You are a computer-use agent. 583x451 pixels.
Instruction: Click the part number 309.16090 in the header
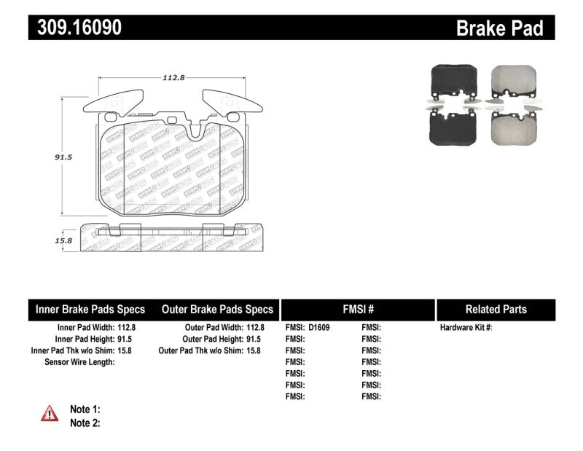coord(76,28)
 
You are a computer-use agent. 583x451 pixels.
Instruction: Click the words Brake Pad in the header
coord(499,28)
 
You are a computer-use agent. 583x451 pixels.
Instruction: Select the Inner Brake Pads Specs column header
coord(90,309)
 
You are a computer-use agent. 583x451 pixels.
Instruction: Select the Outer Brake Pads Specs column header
coord(217,309)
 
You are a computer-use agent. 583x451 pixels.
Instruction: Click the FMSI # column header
coord(357,309)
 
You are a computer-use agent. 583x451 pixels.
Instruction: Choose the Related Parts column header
coord(496,309)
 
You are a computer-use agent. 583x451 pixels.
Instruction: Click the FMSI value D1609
coord(319,328)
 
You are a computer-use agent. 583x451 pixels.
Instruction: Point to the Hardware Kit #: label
coord(466,328)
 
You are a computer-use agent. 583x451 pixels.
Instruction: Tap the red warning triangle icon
coord(50,413)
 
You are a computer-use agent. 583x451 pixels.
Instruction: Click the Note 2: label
coord(85,423)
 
